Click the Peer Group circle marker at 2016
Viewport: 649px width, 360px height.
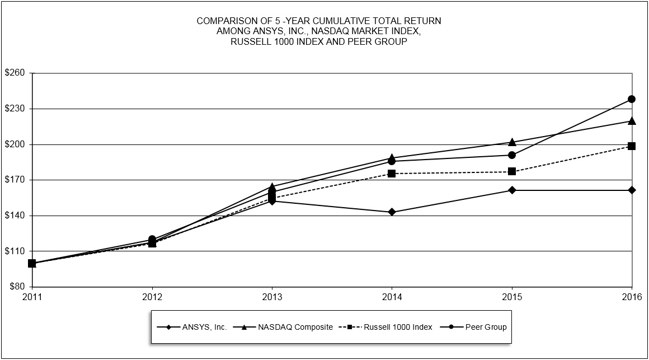(x=632, y=99)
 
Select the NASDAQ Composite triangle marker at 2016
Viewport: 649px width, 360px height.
(x=632, y=121)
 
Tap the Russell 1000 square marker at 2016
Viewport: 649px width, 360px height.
(x=632, y=146)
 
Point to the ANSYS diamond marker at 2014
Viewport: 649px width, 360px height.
(x=392, y=212)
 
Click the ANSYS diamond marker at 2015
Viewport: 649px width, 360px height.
(x=512, y=190)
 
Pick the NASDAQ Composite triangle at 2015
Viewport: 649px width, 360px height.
(x=512, y=142)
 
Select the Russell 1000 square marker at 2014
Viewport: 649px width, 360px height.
(x=392, y=174)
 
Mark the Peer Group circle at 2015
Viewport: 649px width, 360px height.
(x=512, y=155)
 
